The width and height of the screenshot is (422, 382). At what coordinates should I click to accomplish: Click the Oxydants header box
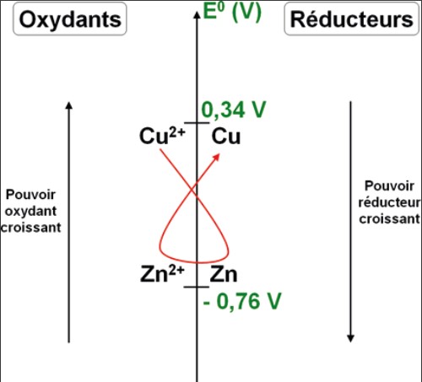[70, 19]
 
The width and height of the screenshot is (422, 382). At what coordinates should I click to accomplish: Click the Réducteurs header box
[352, 19]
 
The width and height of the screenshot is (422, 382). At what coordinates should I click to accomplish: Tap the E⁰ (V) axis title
[232, 12]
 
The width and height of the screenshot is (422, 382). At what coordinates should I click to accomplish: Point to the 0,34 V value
[234, 110]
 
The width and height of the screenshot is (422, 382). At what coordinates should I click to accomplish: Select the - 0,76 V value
[242, 301]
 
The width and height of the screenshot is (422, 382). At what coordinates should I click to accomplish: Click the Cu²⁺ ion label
[162, 136]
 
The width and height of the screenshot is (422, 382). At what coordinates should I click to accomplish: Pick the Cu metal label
[226, 137]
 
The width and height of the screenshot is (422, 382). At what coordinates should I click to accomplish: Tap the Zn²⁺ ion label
[162, 274]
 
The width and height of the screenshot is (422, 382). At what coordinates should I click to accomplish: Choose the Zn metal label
[224, 274]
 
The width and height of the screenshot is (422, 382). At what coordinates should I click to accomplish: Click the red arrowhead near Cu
[216, 157]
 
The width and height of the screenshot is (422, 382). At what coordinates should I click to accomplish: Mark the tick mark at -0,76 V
[197, 287]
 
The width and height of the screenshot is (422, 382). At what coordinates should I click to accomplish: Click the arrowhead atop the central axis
[197, 15]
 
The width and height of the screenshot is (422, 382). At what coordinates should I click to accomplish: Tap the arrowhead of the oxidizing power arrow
[69, 105]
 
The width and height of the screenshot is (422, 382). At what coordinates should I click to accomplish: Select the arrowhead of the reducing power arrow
[350, 339]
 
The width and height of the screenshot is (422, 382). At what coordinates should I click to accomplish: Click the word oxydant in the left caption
[30, 212]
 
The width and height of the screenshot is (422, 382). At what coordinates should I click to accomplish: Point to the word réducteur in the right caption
[390, 202]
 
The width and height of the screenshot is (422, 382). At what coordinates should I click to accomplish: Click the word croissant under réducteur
[390, 219]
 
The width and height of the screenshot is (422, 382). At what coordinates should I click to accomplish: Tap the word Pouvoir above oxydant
[30, 195]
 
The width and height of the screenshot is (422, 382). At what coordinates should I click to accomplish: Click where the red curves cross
[192, 191]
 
